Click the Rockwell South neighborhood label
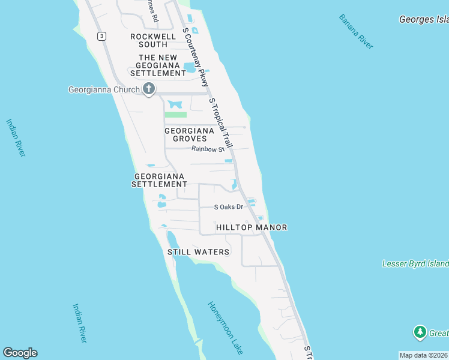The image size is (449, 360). (149, 40)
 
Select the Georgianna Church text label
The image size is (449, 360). (103, 90)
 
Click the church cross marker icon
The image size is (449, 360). (148, 89)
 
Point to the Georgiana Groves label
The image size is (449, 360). (190, 134)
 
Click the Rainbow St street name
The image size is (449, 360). (208, 149)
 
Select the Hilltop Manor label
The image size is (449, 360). (252, 227)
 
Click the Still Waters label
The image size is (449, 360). (198, 252)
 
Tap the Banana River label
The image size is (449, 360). (356, 31)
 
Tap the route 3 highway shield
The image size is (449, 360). (102, 36)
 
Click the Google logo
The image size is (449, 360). (20, 353)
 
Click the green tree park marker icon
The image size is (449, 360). (420, 332)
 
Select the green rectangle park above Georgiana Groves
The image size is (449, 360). (175, 115)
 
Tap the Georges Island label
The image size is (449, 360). (424, 20)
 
